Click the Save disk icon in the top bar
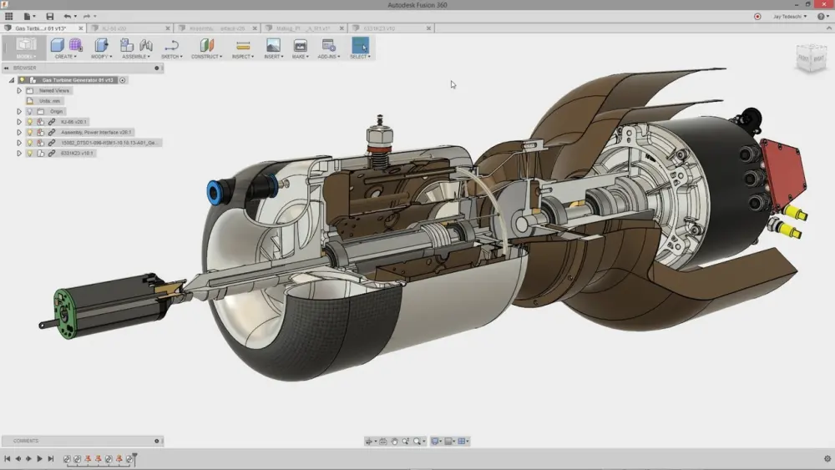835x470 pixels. coord(49,16)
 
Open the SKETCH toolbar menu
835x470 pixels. coord(171,48)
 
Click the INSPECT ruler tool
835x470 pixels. coord(243,48)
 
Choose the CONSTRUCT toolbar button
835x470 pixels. coord(206,48)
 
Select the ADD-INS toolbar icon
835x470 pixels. coord(329,48)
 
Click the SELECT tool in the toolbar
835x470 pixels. coord(360,48)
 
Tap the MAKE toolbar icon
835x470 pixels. coord(300,48)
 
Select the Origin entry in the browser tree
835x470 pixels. coord(56,111)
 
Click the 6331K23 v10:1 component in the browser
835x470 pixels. coord(77,154)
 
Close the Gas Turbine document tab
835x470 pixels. coord(80,28)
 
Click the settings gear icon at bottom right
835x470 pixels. coord(827,458)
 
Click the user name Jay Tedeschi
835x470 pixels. coord(787,16)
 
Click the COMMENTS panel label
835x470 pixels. coord(26,441)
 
